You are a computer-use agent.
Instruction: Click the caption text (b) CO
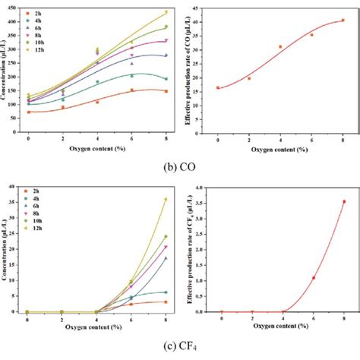point(180,166)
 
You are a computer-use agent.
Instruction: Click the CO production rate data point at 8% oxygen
point(343,21)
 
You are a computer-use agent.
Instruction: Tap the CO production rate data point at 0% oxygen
point(218,88)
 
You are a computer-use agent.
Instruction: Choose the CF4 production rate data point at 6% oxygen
point(314,278)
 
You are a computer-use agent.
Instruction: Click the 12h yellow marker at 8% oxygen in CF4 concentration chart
point(166,199)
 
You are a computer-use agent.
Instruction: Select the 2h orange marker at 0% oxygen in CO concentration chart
point(29,112)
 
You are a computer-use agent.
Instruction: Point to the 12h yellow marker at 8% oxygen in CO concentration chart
point(166,12)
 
